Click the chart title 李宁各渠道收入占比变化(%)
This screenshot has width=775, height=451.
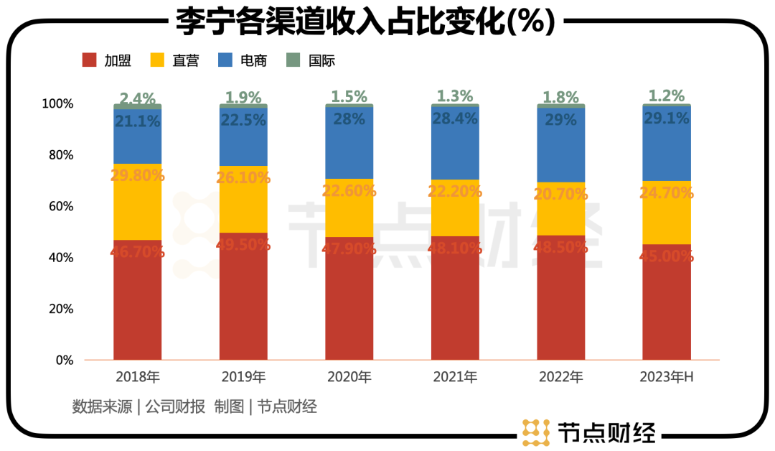pos(366,22)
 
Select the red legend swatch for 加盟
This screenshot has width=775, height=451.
pos(90,60)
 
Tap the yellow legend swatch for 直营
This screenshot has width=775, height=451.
pos(159,60)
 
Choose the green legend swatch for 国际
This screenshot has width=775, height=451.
pos(293,60)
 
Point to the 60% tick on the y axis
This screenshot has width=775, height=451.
pos(58,206)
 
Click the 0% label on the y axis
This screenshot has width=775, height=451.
pos(65,361)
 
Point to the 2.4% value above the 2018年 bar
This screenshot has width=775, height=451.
pos(138,98)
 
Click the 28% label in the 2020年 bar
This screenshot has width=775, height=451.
pos(349,119)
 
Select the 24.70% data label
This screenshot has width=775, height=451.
pos(667,192)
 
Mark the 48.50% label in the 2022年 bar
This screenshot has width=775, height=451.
pos(561,246)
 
